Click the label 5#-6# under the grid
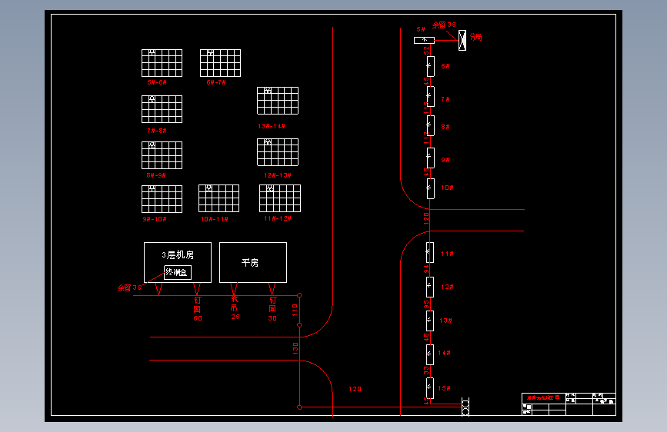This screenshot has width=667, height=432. (157, 81)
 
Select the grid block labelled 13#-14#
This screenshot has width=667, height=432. (278, 101)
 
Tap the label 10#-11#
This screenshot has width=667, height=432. (215, 219)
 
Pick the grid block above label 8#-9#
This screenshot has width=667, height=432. (162, 155)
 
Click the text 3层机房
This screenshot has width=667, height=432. (177, 254)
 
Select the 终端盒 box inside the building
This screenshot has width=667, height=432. (178, 272)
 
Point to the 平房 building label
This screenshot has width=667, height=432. (250, 263)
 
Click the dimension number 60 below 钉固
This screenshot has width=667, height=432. (198, 318)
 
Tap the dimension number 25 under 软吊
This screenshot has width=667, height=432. (235, 317)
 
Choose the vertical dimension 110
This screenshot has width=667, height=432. (295, 310)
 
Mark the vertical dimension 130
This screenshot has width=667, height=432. (295, 348)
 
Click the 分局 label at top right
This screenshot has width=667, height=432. (475, 37)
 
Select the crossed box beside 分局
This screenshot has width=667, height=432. (462, 40)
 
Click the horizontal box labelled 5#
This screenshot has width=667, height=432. (424, 40)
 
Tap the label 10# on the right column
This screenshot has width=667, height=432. (447, 188)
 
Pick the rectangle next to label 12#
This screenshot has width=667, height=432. (430, 287)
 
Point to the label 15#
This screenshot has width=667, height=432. (445, 388)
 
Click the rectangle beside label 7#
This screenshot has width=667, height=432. (430, 97)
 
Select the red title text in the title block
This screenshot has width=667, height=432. (542, 397)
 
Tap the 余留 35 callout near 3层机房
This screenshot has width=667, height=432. (129, 287)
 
